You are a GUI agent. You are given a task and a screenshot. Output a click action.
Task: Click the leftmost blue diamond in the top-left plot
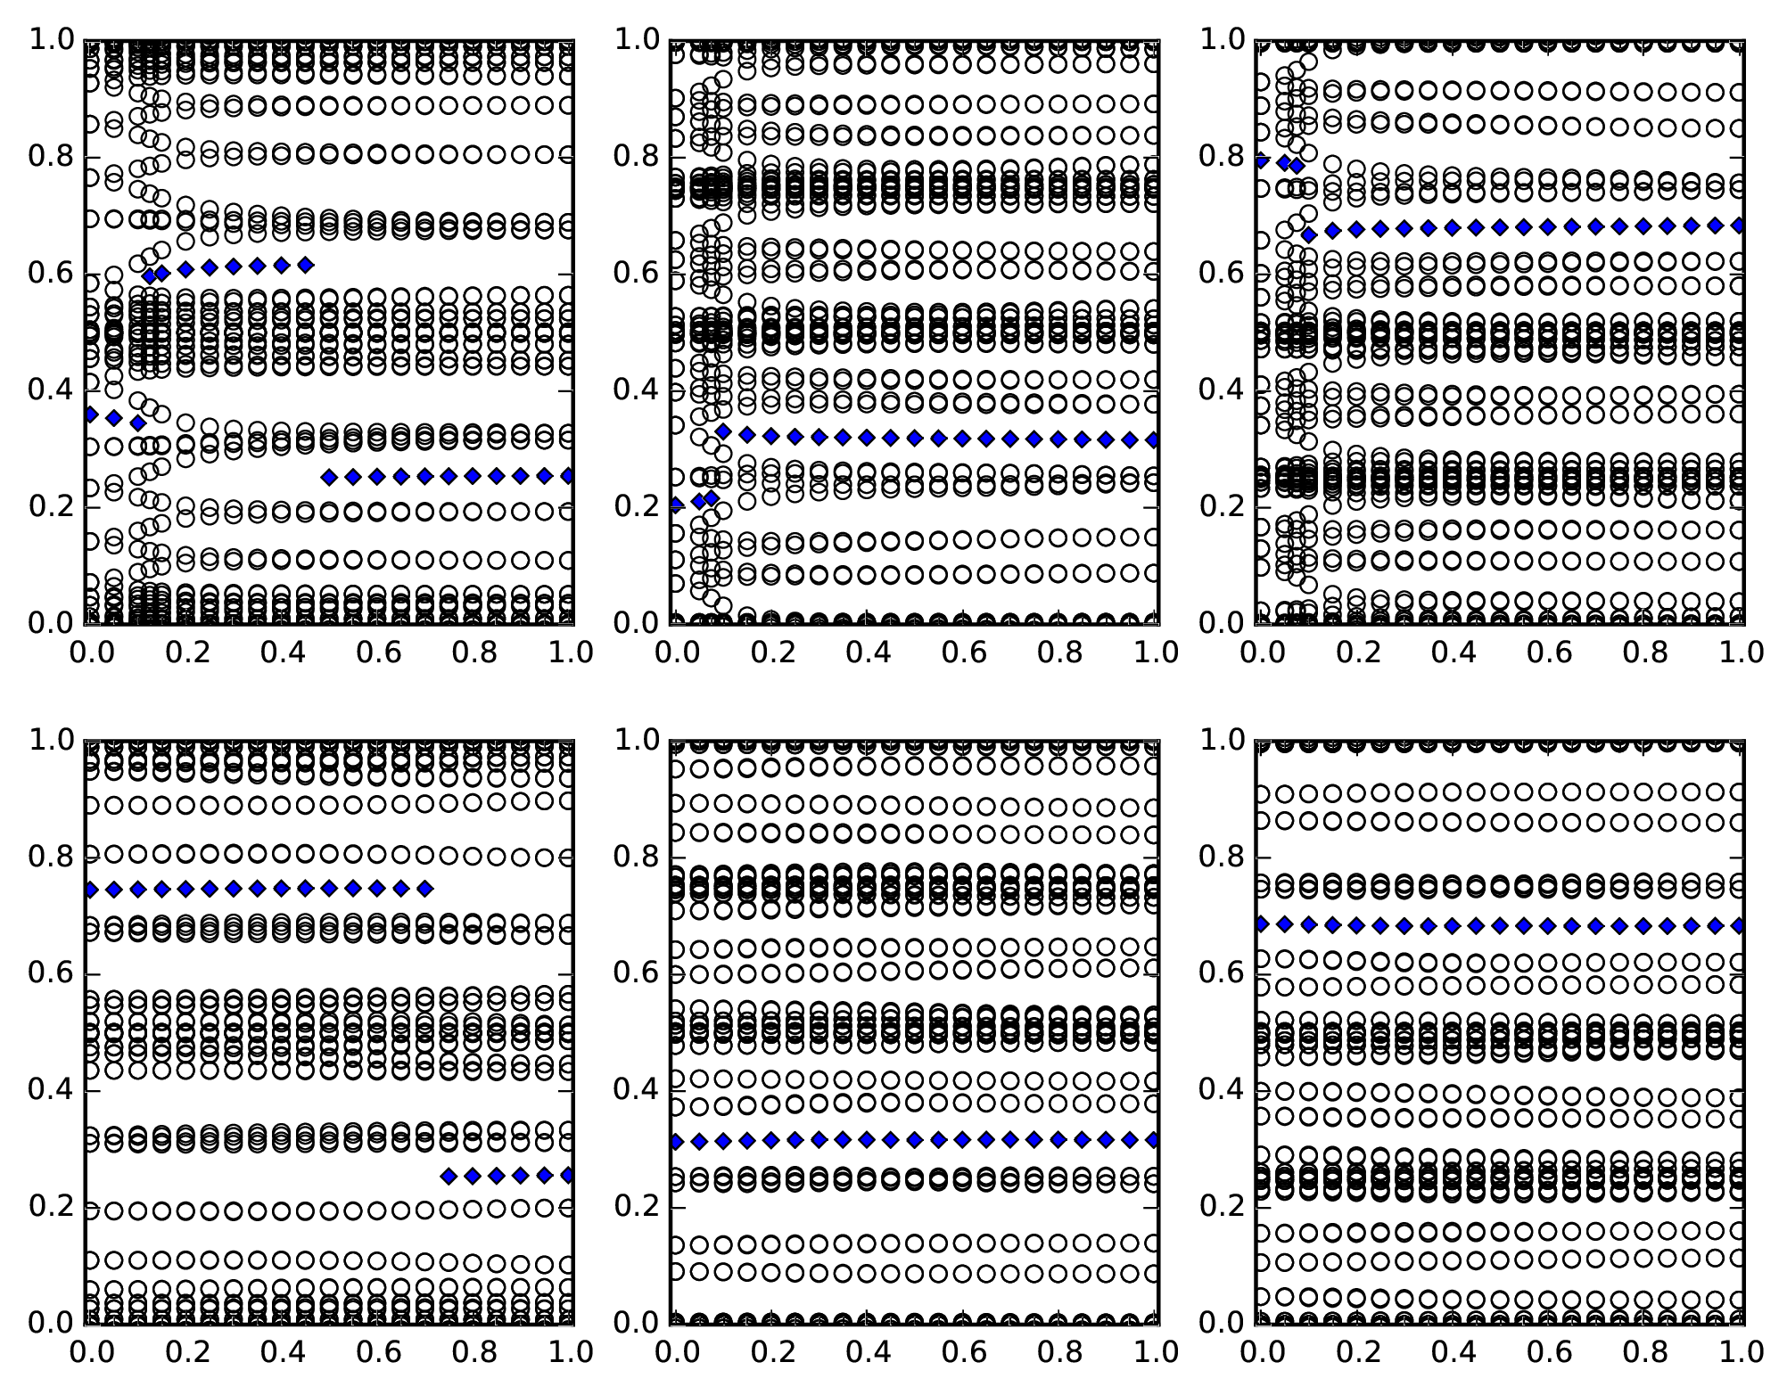click(x=90, y=414)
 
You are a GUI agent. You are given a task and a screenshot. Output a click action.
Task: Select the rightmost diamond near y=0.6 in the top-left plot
click(x=306, y=265)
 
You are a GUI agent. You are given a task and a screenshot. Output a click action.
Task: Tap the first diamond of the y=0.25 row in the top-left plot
click(x=330, y=478)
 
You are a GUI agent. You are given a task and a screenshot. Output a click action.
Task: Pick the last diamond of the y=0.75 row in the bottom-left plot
click(x=425, y=889)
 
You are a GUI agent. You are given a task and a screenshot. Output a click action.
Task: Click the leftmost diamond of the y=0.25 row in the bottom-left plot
click(x=449, y=1177)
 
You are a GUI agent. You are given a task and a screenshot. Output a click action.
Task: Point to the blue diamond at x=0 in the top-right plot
click(x=1262, y=161)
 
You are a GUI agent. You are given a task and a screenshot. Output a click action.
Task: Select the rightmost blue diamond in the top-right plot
click(x=1739, y=226)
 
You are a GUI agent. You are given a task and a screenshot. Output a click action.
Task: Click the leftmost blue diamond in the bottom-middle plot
click(x=676, y=1141)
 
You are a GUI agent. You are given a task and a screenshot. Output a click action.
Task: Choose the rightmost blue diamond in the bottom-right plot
click(x=1739, y=926)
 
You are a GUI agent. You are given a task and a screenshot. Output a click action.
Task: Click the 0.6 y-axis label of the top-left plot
click(x=51, y=274)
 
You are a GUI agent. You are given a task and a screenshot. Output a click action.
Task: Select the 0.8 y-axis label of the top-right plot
click(x=1222, y=157)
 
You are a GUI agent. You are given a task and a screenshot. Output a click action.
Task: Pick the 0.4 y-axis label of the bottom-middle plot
click(x=636, y=1090)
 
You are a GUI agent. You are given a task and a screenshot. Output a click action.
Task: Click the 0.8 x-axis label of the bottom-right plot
click(x=1643, y=1352)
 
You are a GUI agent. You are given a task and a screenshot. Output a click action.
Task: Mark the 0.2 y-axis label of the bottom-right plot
click(x=1222, y=1207)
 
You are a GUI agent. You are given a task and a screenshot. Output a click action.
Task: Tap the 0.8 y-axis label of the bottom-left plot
click(x=51, y=858)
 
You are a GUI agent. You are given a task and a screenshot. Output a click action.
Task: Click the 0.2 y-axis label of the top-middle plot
click(x=636, y=507)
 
